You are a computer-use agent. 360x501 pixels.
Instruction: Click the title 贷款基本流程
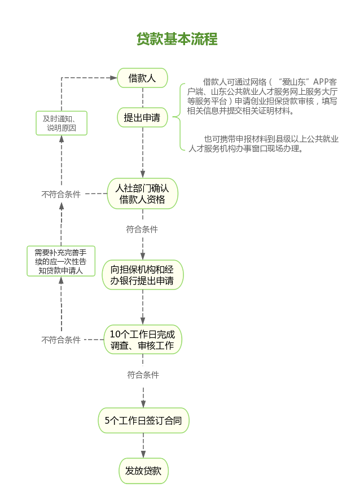point(177,39)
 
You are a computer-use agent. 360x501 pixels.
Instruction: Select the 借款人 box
point(142,78)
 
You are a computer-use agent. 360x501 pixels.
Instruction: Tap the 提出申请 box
point(142,118)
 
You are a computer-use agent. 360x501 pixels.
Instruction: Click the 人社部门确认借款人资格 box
point(142,193)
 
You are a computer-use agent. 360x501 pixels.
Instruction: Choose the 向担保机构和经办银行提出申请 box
point(142,275)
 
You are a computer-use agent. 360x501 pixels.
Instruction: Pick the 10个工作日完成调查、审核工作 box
point(142,339)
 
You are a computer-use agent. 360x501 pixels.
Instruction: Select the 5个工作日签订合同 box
point(143,420)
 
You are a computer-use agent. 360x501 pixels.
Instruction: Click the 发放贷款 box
point(143,471)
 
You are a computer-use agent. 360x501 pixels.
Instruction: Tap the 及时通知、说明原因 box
point(62,123)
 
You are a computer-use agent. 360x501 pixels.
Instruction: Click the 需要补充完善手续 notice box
point(61,261)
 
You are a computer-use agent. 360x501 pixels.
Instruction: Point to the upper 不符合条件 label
point(61,194)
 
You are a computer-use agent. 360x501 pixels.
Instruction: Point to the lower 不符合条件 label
point(61,340)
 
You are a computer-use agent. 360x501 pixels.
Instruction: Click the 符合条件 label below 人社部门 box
point(142,230)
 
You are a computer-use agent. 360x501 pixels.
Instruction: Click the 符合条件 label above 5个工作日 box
point(143,375)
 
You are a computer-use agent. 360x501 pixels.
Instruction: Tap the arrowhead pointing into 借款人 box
point(113,78)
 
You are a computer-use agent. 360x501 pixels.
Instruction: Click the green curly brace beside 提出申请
point(179,117)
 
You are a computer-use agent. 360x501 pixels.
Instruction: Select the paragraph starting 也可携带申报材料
point(263,144)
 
